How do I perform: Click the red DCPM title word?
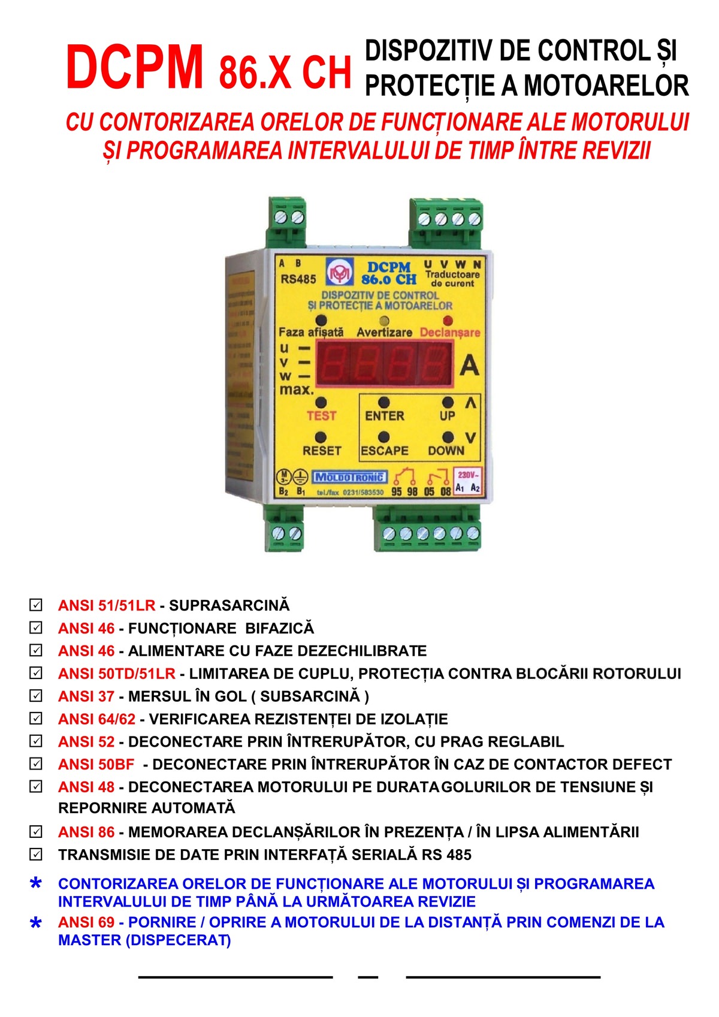[x=134, y=67]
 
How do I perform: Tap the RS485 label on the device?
[x=298, y=279]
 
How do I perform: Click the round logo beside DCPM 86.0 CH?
[x=340, y=272]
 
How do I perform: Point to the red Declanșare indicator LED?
[x=448, y=321]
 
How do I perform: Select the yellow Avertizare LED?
[x=384, y=321]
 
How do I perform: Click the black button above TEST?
[x=321, y=402]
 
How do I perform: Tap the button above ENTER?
[x=384, y=402]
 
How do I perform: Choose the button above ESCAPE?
[x=384, y=437]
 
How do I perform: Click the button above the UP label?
[x=448, y=402]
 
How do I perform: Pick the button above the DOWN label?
[x=448, y=437]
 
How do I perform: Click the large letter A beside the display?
[x=469, y=364]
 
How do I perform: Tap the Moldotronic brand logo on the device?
[x=349, y=476]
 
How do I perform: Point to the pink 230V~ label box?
[x=467, y=481]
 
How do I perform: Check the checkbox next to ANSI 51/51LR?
[x=36, y=605]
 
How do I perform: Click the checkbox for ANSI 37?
[x=36, y=696]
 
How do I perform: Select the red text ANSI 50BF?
[x=96, y=764]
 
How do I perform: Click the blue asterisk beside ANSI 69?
[x=36, y=922]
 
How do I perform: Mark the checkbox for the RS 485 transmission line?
[x=36, y=855]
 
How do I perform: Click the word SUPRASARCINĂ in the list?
[x=229, y=605]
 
